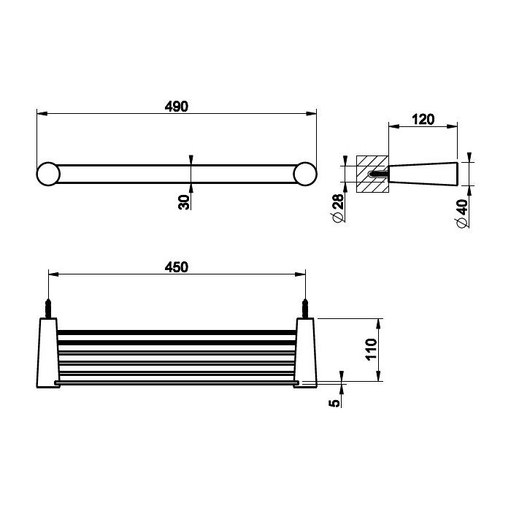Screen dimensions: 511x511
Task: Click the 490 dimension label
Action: [x=177, y=107]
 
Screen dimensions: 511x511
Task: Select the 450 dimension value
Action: [x=177, y=267]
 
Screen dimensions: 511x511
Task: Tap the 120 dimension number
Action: [x=423, y=120]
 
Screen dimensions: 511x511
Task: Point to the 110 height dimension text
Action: [x=372, y=350]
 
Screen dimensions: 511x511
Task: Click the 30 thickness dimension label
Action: [x=184, y=202]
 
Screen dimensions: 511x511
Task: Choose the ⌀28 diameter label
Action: [x=338, y=208]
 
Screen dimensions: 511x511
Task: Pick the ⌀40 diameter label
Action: [x=462, y=213]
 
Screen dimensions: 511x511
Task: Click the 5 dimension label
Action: [x=334, y=403]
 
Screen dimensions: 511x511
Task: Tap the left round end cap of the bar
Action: [x=48, y=174]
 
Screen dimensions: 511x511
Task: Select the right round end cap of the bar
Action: [x=305, y=174]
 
